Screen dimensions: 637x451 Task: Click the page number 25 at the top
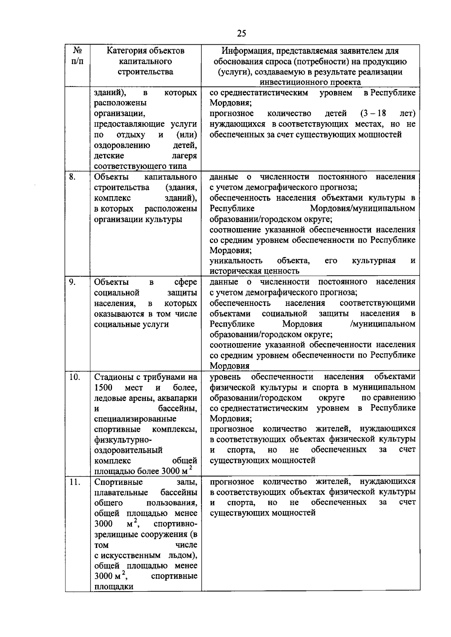(242, 33)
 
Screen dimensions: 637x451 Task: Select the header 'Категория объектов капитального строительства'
(145, 61)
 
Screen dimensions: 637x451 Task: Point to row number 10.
(74, 377)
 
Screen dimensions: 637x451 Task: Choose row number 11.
(74, 482)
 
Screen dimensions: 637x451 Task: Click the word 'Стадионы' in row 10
(112, 377)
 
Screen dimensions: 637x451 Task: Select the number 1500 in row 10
(103, 387)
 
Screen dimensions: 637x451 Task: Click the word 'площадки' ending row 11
(114, 587)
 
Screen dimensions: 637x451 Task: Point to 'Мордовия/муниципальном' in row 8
(363, 208)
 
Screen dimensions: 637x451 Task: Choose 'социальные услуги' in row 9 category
(131, 324)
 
